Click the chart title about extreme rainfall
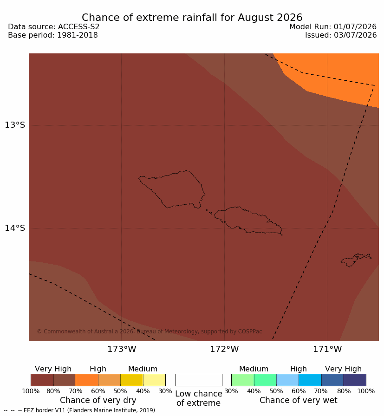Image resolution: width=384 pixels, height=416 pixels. [192, 18]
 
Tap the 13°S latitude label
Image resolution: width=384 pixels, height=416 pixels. [15, 125]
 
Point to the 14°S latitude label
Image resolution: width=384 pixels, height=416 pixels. [15, 227]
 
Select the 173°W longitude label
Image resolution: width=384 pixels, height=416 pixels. [122, 349]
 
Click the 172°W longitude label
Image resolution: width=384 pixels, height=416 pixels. [225, 349]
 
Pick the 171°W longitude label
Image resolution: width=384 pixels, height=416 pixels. [327, 349]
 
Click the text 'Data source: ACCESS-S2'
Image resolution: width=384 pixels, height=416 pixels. [53, 27]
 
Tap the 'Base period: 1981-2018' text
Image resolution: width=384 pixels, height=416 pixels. [53, 35]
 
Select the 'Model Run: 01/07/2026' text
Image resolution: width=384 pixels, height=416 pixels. [333, 27]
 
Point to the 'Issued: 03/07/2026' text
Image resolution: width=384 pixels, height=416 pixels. [341, 35]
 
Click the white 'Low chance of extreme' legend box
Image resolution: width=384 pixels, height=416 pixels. [199, 380]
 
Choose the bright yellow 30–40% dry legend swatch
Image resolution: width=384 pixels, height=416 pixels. [154, 380]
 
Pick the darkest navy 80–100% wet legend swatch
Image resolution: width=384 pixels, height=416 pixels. [355, 380]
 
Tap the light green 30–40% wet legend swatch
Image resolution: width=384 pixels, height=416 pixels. [242, 380]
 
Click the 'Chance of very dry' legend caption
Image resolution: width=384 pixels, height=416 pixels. [98, 400]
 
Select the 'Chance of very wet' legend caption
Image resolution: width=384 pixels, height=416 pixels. [298, 400]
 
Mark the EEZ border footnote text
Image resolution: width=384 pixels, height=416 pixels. [80, 410]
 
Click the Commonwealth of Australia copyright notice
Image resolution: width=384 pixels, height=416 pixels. [150, 331]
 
